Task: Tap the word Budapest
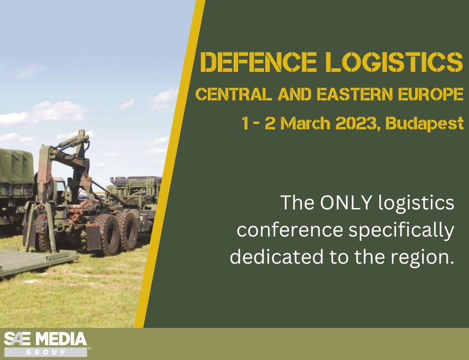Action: pos(424,123)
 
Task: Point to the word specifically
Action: pos(401,231)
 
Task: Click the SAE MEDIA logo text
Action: pos(45,339)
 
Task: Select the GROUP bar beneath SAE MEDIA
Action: pos(45,352)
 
